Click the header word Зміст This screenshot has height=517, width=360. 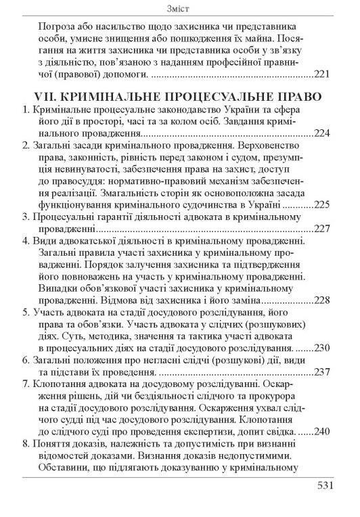click(179, 8)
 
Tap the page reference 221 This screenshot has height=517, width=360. click(322, 73)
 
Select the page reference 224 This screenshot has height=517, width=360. click(322, 133)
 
